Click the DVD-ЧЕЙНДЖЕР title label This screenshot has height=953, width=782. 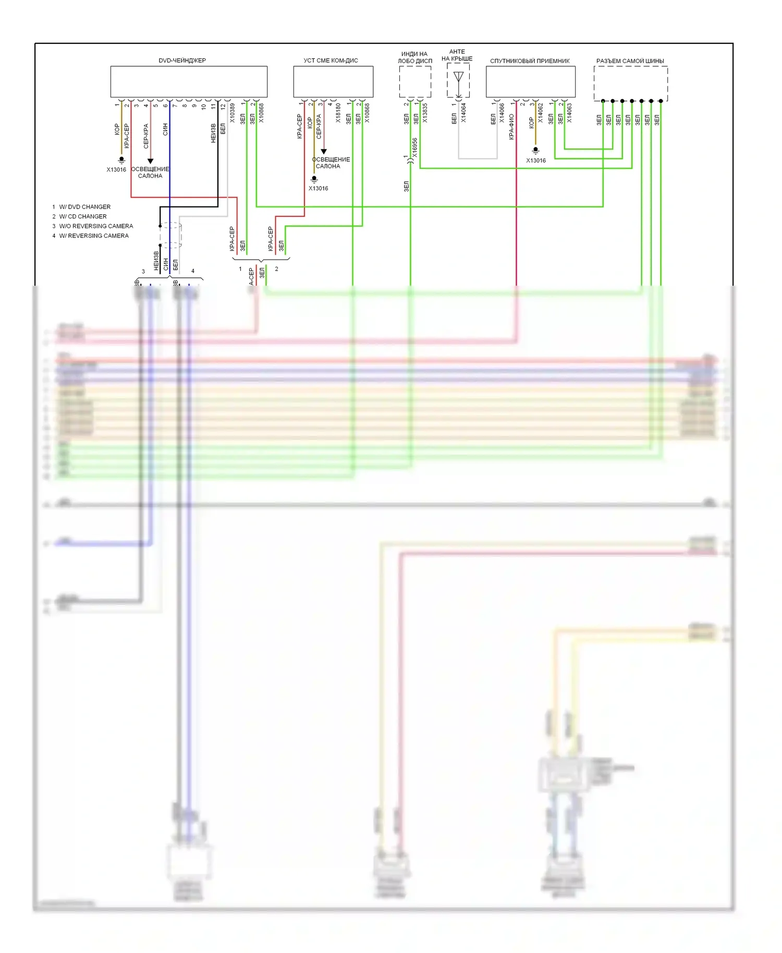(182, 60)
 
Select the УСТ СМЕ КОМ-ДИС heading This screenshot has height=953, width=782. (331, 60)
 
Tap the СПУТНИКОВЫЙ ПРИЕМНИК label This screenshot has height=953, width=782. (530, 61)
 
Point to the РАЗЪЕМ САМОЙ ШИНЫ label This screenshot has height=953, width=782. (630, 61)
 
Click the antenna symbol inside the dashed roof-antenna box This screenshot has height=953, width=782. (458, 78)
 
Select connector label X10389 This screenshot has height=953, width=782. (233, 113)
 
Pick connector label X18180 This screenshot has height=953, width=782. (338, 113)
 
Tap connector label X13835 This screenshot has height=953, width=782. (425, 113)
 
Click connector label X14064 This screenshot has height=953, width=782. (463, 113)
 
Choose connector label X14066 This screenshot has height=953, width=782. (502, 113)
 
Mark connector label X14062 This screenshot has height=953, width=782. (541, 113)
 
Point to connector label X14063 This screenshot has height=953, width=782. (569, 113)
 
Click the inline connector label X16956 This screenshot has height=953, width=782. (415, 148)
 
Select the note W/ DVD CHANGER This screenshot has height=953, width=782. (84, 207)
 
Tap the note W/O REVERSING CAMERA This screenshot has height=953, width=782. (96, 226)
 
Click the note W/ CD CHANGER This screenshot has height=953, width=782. (83, 216)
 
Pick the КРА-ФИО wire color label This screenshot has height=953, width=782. (511, 127)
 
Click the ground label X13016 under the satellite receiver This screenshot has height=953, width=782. (535, 161)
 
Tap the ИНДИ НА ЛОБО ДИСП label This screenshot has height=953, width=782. (415, 57)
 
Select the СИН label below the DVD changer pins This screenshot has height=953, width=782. (165, 129)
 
